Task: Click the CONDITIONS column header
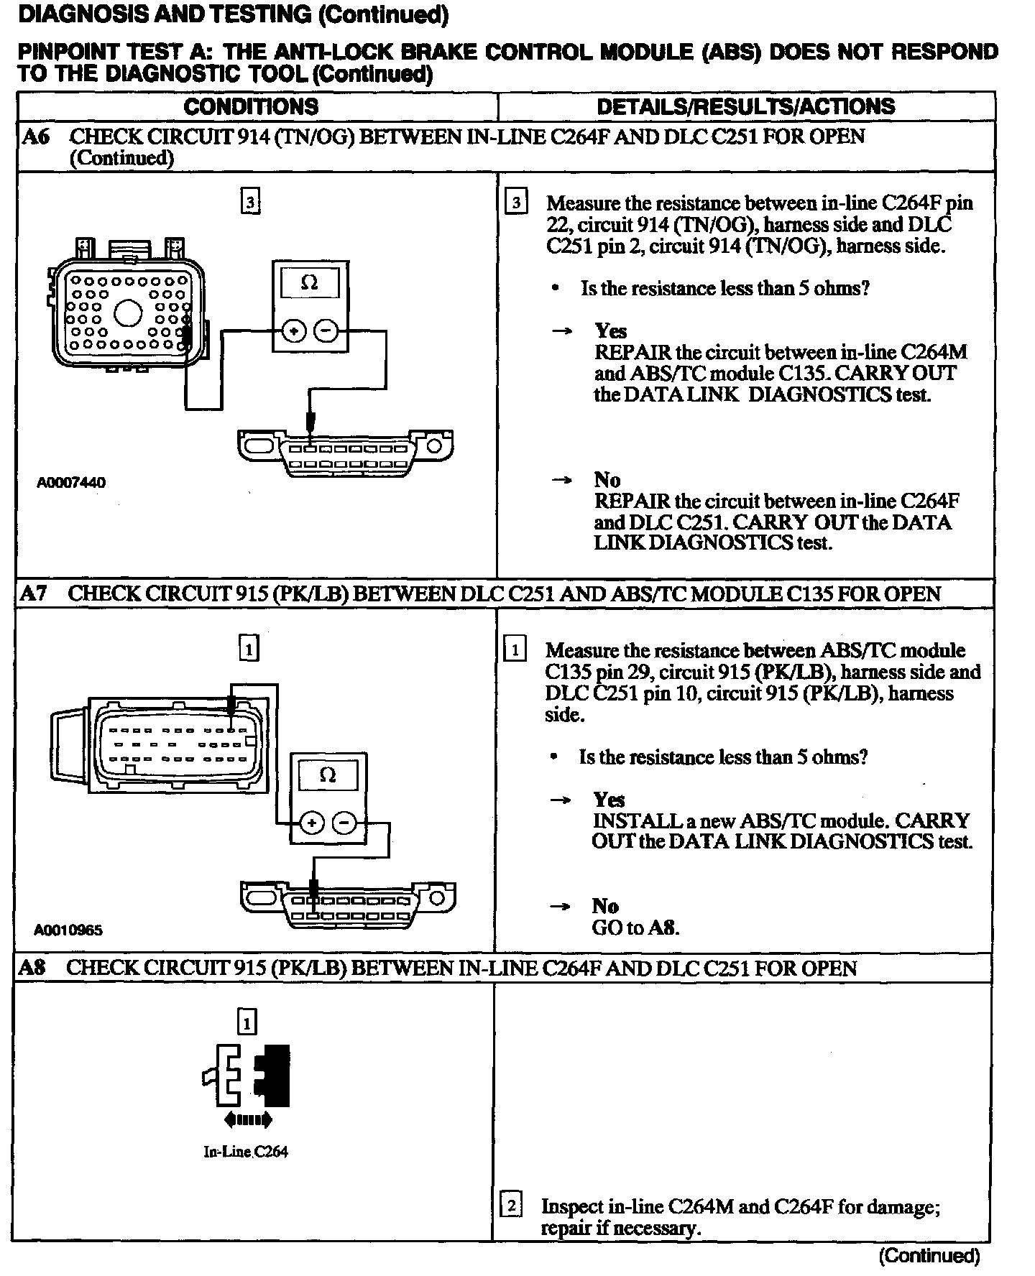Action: (x=251, y=106)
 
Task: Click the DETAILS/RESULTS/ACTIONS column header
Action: (x=746, y=106)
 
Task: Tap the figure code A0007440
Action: (x=71, y=482)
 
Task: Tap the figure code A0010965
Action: (x=68, y=930)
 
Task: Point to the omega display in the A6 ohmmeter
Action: (x=310, y=282)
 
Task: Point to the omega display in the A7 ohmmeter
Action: (x=328, y=775)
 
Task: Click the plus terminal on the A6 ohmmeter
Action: (x=294, y=331)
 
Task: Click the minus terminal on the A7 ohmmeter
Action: (x=346, y=823)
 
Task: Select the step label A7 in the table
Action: (x=34, y=593)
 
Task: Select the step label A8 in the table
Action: (x=33, y=967)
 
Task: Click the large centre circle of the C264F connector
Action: (x=129, y=313)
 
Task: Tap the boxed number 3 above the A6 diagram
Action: (x=249, y=203)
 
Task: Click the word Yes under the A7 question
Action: (x=608, y=799)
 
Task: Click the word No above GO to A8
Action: (x=605, y=905)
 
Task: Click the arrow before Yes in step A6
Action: (x=561, y=331)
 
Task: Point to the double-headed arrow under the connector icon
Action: (x=247, y=1119)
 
